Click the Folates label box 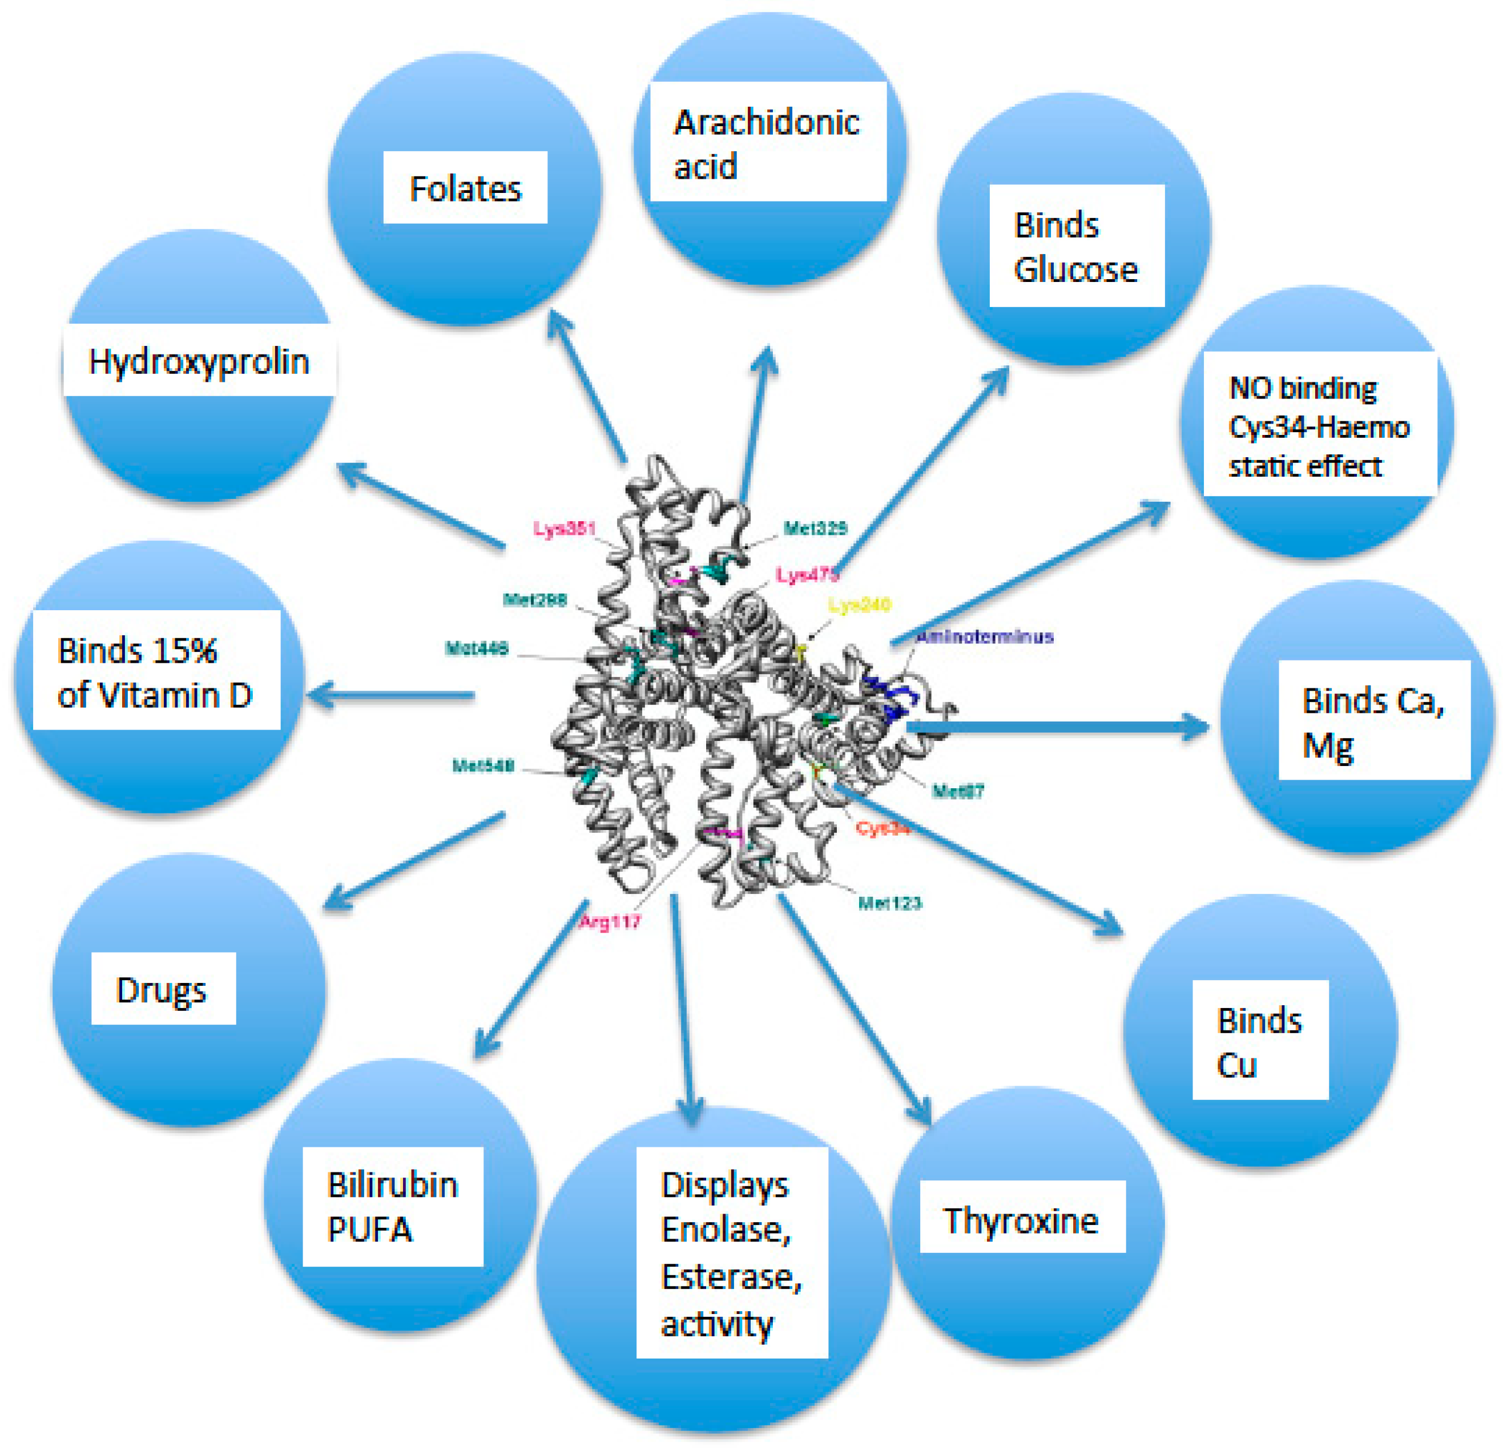tap(465, 188)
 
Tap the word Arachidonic tap(766, 123)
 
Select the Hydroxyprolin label tap(199, 361)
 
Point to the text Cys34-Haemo tap(1319, 426)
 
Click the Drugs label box tap(163, 989)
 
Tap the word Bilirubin tap(393, 1185)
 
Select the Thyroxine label tap(1021, 1220)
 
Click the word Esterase tap(731, 1277)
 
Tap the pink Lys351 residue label tap(565, 529)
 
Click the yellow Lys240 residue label tap(860, 605)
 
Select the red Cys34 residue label tap(882, 828)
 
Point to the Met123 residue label tap(889, 904)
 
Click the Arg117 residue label tap(610, 922)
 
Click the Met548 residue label tap(483, 765)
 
